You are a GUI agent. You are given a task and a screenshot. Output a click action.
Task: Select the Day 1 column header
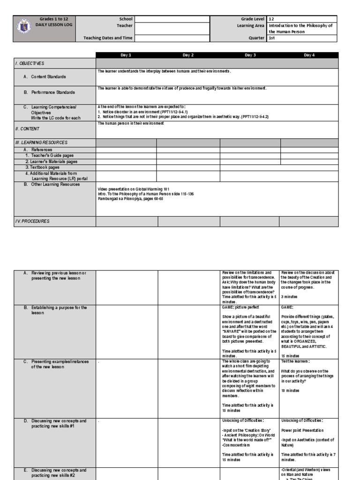[126, 55]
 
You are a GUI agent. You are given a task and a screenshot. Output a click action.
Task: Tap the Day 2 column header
[188, 55]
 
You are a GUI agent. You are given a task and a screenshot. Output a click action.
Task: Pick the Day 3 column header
[250, 55]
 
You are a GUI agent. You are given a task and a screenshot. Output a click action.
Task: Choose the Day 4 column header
[309, 55]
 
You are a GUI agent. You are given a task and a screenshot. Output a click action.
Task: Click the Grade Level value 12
[271, 19]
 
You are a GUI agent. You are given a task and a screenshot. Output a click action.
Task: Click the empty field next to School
[172, 19]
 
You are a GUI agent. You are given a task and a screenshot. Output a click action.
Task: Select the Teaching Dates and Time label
[107, 38]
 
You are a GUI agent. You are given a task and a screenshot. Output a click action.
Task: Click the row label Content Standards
[48, 76]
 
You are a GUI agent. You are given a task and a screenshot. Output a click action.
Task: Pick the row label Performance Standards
[52, 92]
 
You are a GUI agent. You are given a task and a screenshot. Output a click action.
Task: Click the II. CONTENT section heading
[27, 128]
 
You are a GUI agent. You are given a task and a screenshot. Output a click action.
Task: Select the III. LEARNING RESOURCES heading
[41, 142]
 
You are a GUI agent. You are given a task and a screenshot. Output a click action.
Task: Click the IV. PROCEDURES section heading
[32, 221]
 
